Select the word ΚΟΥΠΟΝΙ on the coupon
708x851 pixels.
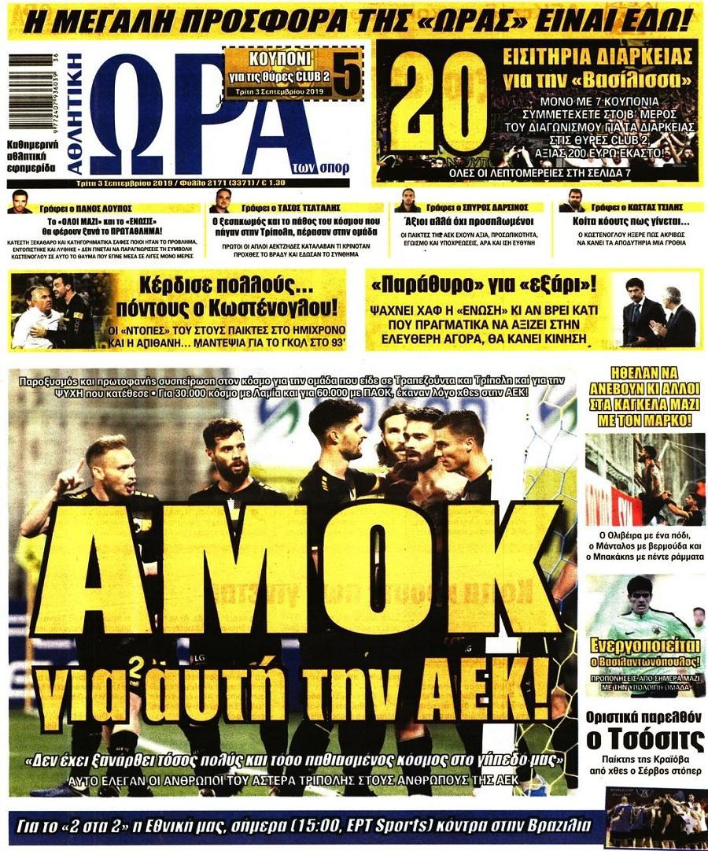click(x=271, y=59)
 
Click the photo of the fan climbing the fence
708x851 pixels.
click(x=645, y=479)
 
